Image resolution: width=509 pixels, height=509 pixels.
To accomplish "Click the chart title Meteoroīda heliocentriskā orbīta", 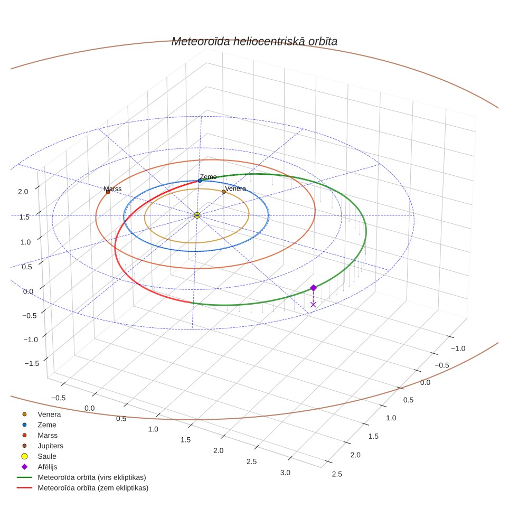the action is click(x=254, y=42).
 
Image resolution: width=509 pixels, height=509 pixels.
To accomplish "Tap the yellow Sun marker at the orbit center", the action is click(x=197, y=215).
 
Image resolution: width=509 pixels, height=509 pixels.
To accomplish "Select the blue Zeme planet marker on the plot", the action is click(x=200, y=181).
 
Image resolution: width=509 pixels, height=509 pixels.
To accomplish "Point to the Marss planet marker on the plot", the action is click(x=108, y=192).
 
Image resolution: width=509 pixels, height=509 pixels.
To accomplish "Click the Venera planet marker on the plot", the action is click(x=224, y=192).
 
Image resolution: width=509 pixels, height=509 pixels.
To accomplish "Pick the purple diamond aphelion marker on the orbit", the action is click(x=313, y=288).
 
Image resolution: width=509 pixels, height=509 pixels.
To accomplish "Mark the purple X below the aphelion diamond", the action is click(x=313, y=305).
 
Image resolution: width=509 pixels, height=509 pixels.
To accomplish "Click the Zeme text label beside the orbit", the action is click(x=208, y=177).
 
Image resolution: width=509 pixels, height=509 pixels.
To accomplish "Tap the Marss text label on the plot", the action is click(x=112, y=189).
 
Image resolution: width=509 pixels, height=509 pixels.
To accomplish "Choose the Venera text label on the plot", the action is click(x=235, y=188).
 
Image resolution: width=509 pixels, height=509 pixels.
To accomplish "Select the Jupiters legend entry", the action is click(x=50, y=446).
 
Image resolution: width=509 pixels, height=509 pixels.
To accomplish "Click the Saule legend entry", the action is click(x=47, y=456).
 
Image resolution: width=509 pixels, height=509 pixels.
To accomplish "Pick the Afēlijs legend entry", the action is click(x=48, y=467).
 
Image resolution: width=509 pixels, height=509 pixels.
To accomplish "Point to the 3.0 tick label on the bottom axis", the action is click(x=285, y=473).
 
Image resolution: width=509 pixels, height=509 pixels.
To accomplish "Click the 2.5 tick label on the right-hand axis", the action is click(x=337, y=474).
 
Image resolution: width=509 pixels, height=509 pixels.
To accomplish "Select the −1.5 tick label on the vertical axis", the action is click(x=32, y=363).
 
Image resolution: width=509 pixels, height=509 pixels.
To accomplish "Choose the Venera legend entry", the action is click(x=49, y=414).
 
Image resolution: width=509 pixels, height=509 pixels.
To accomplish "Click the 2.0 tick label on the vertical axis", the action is click(x=23, y=192).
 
